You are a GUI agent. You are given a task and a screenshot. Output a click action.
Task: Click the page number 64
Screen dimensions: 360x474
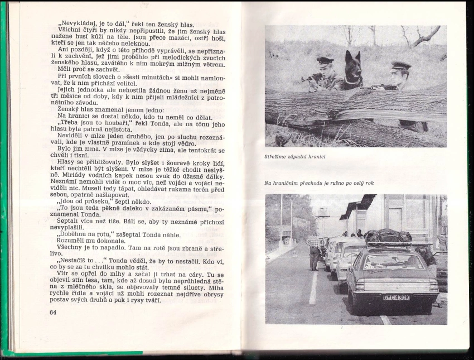tap(53, 313)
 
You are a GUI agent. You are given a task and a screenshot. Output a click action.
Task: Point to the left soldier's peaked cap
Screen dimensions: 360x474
tap(325, 60)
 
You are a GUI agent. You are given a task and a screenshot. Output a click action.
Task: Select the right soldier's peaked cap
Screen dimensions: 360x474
tap(400, 66)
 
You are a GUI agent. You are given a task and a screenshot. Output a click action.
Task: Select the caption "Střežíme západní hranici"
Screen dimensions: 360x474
tap(294, 157)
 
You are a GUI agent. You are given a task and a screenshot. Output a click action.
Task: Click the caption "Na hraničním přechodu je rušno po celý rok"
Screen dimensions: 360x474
tap(318, 183)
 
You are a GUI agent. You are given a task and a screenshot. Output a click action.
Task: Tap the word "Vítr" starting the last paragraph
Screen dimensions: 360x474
tap(64, 275)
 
